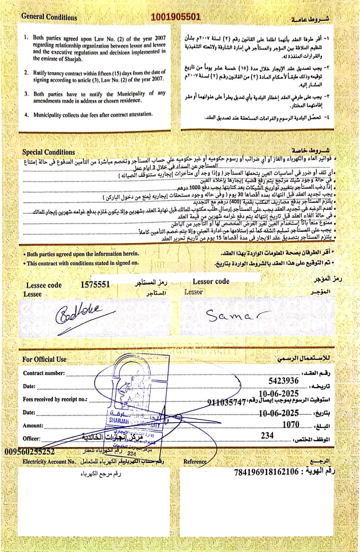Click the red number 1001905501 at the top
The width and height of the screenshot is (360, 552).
tap(176, 17)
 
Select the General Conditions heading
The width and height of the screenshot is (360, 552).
tap(49, 17)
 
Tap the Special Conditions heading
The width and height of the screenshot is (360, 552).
tap(49, 153)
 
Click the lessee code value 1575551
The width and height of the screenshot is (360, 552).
tap(95, 284)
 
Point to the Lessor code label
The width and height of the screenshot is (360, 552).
tap(211, 281)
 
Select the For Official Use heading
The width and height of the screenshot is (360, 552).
tap(45, 359)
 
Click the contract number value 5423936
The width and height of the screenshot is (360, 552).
tap(284, 380)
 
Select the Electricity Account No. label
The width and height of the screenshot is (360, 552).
tap(49, 462)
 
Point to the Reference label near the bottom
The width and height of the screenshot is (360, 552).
tap(195, 461)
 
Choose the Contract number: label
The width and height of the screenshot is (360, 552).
tap(43, 373)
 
